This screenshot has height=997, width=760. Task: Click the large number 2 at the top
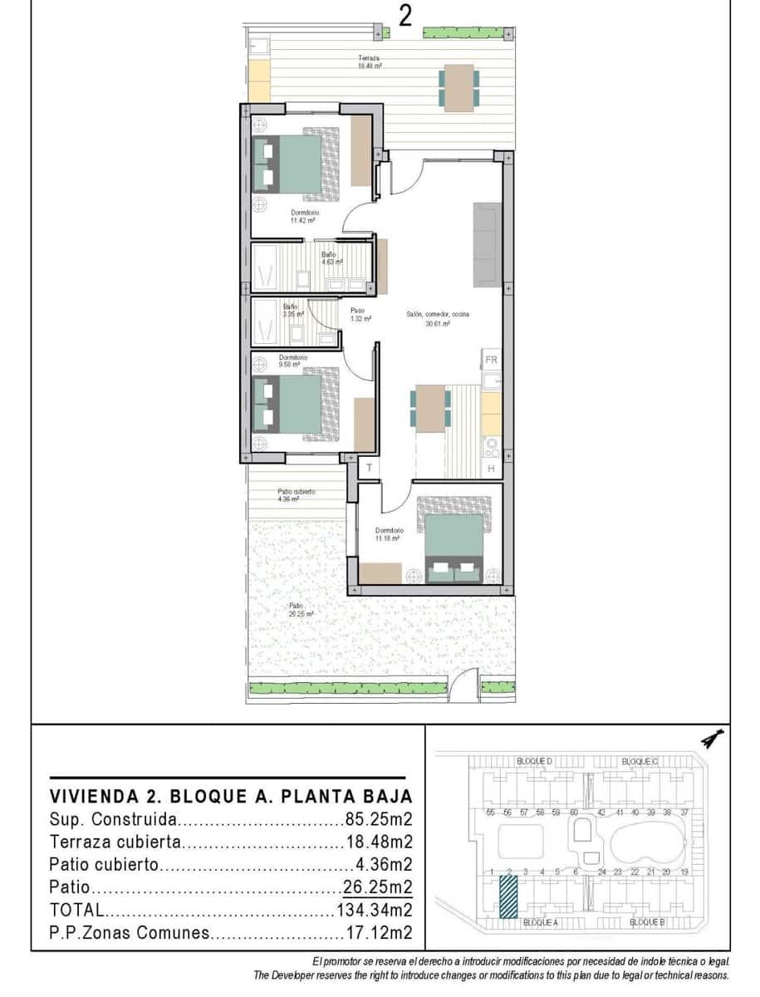pyautogui.click(x=405, y=17)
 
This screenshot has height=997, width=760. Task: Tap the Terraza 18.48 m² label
pyautogui.click(x=369, y=61)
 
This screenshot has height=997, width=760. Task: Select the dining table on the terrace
pyautogui.click(x=458, y=87)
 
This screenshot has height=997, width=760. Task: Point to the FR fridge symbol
pyautogui.click(x=491, y=360)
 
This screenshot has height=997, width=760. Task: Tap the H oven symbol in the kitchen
pyautogui.click(x=491, y=469)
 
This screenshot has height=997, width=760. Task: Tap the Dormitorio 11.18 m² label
pyautogui.click(x=389, y=534)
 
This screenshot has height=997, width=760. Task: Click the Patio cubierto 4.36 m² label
pyautogui.click(x=297, y=495)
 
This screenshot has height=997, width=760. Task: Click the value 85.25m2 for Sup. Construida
pyautogui.click(x=378, y=819)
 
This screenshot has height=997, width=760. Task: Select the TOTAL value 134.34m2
pyautogui.click(x=375, y=910)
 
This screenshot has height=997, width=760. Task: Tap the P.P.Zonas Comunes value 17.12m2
pyautogui.click(x=378, y=932)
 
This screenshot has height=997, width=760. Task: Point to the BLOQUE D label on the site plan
pyautogui.click(x=534, y=761)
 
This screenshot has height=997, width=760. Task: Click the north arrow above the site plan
pyautogui.click(x=712, y=736)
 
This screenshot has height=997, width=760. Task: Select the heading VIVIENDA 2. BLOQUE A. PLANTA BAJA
pyautogui.click(x=231, y=795)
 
